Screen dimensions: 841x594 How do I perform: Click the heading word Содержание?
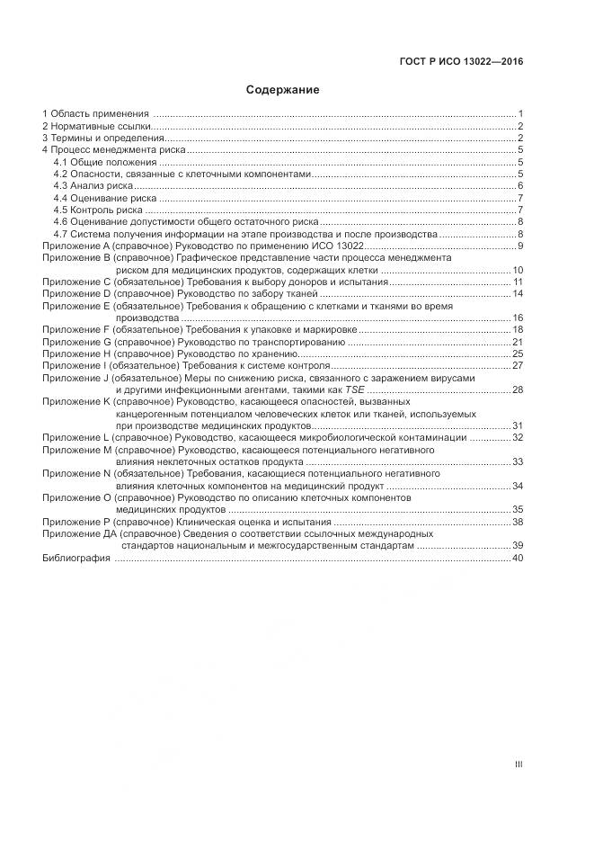[283, 90]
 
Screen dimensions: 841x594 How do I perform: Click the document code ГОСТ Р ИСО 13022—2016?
[461, 63]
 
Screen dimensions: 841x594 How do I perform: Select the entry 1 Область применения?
[95, 114]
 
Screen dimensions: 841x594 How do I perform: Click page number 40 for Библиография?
[518, 559]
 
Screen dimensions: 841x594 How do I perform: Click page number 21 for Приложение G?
[518, 343]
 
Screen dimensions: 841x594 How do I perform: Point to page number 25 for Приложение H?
[518, 354]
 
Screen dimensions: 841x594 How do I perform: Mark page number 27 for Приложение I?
[518, 366]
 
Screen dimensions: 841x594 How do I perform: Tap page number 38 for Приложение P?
[518, 522]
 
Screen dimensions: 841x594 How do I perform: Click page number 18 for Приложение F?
[518, 331]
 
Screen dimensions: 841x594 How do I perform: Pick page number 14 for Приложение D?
[518, 294]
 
